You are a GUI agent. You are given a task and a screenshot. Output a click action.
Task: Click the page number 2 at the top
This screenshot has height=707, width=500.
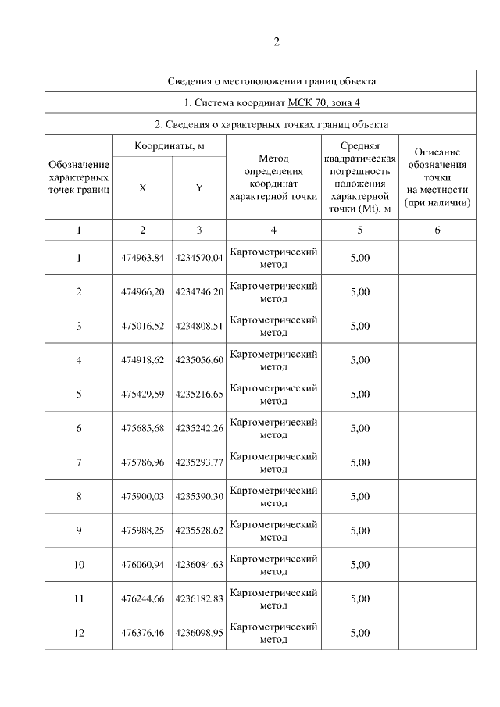tap(276, 42)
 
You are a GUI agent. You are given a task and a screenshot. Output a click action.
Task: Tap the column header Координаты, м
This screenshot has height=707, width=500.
tap(170, 146)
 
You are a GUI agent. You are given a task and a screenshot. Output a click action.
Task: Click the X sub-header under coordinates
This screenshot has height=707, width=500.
tap(142, 187)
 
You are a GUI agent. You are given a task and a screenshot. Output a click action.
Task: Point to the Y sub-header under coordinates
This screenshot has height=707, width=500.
tap(199, 187)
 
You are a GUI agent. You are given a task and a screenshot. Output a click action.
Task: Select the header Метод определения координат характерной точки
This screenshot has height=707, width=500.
tap(273, 178)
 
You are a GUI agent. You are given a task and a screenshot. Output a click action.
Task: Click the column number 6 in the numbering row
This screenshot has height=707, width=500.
tap(437, 230)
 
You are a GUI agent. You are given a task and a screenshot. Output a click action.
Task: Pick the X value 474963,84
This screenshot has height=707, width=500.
tap(142, 258)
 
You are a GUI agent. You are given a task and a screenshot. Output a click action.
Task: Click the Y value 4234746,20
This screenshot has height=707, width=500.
tap(199, 292)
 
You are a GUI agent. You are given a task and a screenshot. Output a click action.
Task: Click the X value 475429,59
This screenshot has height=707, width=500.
tap(142, 395)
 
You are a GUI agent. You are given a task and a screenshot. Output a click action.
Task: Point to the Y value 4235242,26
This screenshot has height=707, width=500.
tap(199, 428)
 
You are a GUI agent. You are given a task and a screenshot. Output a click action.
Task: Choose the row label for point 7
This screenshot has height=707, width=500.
tap(79, 462)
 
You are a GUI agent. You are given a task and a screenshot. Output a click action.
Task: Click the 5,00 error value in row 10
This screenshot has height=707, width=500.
tap(359, 564)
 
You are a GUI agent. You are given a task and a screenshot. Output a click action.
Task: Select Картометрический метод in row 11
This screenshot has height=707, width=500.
tap(273, 598)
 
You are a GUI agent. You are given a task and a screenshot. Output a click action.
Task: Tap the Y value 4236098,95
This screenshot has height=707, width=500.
tap(199, 633)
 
